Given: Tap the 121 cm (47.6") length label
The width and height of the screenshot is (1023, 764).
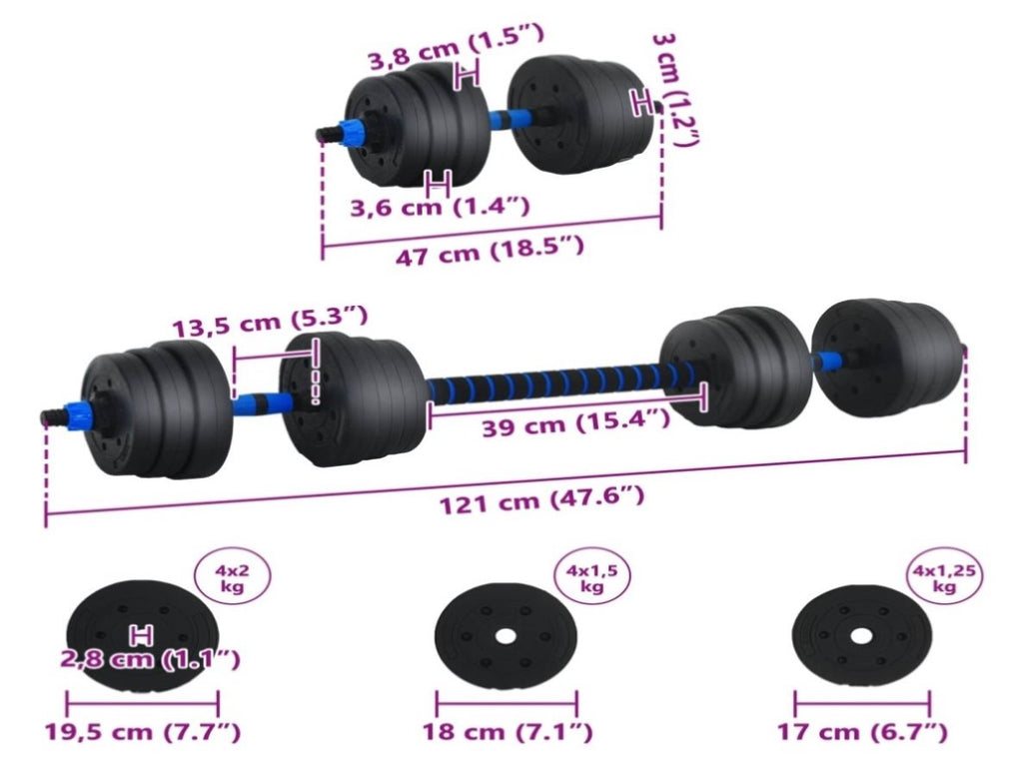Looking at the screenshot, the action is click(541, 499).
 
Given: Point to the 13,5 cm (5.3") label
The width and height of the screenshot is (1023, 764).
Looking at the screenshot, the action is click(270, 322).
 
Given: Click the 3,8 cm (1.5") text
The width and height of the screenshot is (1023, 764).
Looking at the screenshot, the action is click(456, 47).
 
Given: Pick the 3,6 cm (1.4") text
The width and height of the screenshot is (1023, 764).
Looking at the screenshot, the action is click(440, 207).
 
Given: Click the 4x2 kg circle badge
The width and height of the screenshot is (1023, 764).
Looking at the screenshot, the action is click(232, 577).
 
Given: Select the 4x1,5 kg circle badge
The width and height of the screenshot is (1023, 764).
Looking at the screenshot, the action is click(591, 578).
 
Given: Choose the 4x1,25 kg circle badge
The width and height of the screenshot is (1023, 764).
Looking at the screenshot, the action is click(944, 578).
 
